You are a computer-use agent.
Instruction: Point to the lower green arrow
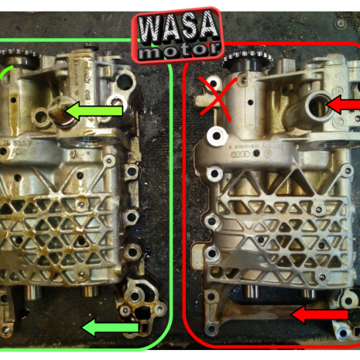click(110, 328)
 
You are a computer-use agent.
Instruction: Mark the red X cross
click(218, 97)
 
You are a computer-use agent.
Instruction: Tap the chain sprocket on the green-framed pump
click(17, 59)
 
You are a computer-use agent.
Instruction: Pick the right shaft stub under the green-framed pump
click(89, 295)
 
